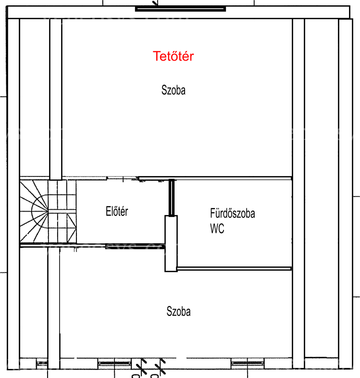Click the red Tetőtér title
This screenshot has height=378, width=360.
173,56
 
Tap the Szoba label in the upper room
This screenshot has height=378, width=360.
174,90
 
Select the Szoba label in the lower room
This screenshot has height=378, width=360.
178,311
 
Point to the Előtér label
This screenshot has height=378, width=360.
117,211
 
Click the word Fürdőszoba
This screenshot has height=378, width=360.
233,214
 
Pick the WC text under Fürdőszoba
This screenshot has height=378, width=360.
217,228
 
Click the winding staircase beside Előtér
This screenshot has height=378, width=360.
48,212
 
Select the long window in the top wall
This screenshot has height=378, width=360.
181,9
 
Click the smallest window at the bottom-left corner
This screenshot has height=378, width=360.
42,363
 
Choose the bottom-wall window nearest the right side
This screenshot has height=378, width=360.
248,363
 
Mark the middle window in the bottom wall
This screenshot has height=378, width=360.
114,363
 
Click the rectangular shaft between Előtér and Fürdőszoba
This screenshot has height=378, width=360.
171,244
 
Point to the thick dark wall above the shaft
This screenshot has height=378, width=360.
171,198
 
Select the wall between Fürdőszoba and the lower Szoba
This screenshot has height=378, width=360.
234,268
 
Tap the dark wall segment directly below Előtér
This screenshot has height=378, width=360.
135,246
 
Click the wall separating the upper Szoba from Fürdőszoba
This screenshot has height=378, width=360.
215,178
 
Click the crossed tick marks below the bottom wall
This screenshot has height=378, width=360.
151,366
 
